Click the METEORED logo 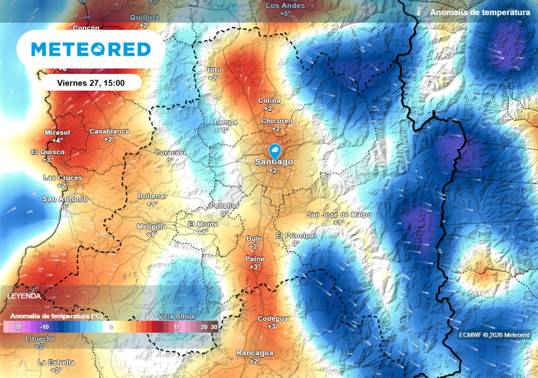click(91, 49)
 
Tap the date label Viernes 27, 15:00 click(91, 82)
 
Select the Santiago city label click(274, 162)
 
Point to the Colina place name click(269, 101)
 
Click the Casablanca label click(109, 131)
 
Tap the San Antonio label click(65, 199)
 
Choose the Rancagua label click(255, 353)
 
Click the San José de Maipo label click(339, 215)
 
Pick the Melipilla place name click(151, 226)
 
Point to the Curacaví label click(170, 153)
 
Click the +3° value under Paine click(255, 267)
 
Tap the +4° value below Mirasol click(57, 140)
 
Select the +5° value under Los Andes click(285, 13)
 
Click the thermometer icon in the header click(418, 12)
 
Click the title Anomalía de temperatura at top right click(480, 12)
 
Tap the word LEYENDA click(24, 296)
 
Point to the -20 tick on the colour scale click(17, 327)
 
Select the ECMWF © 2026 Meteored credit click(494, 335)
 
